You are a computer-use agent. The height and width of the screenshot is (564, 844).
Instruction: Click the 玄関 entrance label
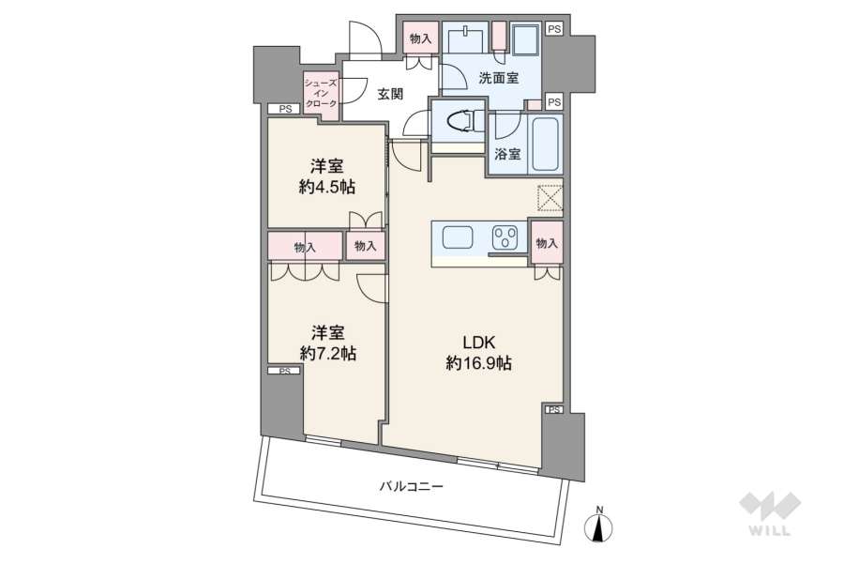[390, 94]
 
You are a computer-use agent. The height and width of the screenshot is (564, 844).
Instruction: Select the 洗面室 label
[499, 78]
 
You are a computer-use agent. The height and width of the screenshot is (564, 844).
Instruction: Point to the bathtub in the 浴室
[546, 142]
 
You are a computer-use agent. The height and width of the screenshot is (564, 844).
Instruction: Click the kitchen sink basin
[458, 237]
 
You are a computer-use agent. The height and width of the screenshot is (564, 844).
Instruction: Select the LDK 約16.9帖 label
[478, 352]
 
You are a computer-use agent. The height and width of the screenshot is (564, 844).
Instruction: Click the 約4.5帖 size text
[327, 187]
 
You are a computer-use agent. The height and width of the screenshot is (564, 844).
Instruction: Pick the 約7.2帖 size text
[327, 354]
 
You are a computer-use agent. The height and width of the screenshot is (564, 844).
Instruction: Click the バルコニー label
[412, 486]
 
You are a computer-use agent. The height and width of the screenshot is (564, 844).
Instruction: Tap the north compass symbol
[598, 525]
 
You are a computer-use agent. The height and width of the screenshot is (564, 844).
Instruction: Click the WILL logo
[770, 514]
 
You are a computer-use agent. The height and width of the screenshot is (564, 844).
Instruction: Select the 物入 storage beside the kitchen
[547, 242]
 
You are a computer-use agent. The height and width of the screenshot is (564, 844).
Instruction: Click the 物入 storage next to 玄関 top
[420, 38]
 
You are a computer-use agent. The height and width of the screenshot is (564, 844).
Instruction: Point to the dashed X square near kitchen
[550, 198]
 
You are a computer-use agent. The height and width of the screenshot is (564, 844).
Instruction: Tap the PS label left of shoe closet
[285, 109]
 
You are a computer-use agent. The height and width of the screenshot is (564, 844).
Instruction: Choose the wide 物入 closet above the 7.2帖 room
[305, 247]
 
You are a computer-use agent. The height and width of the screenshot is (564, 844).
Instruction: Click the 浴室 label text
[507, 154]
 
